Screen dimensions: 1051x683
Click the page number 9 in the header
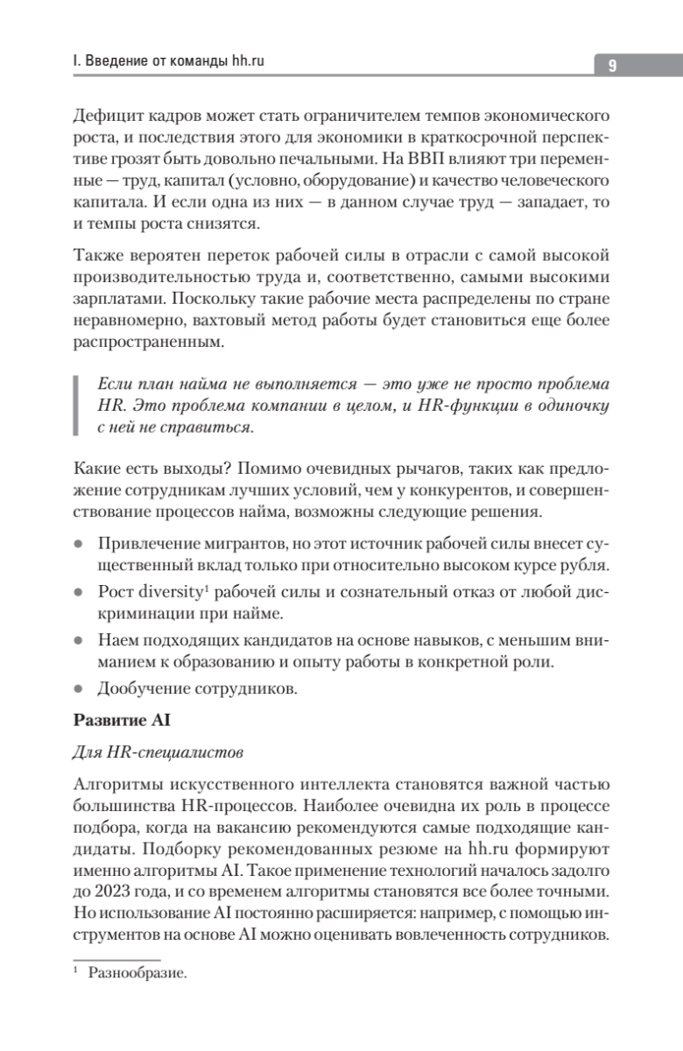pos(613,67)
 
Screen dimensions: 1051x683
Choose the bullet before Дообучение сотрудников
pos(78,689)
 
